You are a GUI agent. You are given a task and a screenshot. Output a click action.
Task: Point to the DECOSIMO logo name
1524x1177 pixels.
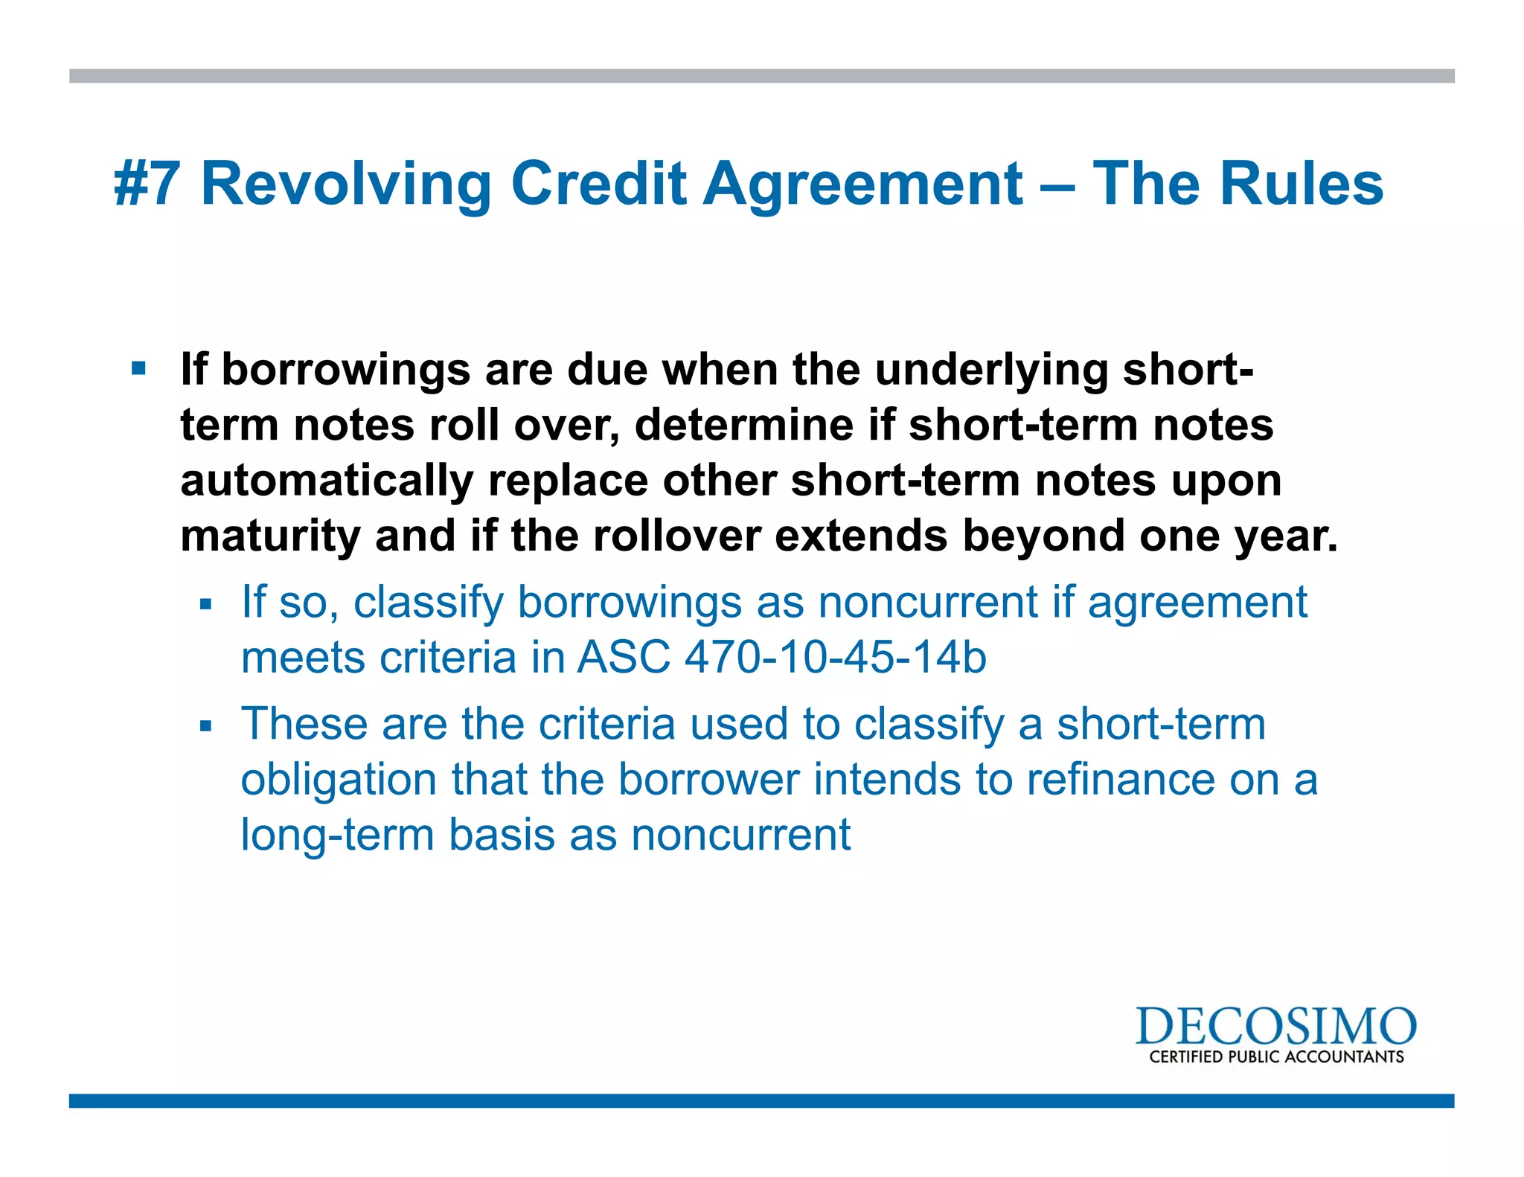[x=1275, y=1027]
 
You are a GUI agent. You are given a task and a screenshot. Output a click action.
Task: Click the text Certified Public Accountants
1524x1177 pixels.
[x=1275, y=1057]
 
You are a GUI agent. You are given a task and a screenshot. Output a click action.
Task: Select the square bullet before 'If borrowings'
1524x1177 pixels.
[x=139, y=368]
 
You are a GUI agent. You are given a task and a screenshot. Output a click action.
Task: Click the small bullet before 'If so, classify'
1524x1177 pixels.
[x=206, y=604]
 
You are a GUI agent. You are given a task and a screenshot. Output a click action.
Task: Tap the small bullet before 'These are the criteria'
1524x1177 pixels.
[x=206, y=725]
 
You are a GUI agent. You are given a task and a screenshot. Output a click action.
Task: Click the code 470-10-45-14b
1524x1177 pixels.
[x=835, y=658]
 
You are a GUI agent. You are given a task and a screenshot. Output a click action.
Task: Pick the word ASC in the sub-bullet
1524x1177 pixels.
[x=624, y=658]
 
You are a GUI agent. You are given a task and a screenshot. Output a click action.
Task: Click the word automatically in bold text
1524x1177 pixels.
[x=327, y=481]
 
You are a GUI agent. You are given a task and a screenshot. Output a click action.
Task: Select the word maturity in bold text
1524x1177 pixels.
[x=270, y=536]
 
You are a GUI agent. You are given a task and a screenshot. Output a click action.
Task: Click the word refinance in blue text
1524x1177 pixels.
[x=1120, y=779]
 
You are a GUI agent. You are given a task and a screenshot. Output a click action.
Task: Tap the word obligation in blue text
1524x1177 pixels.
[x=339, y=780]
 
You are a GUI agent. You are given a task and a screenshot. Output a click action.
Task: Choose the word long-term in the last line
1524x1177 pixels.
[x=338, y=835]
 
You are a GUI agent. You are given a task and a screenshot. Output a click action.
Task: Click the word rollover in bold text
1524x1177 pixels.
[x=676, y=536]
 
